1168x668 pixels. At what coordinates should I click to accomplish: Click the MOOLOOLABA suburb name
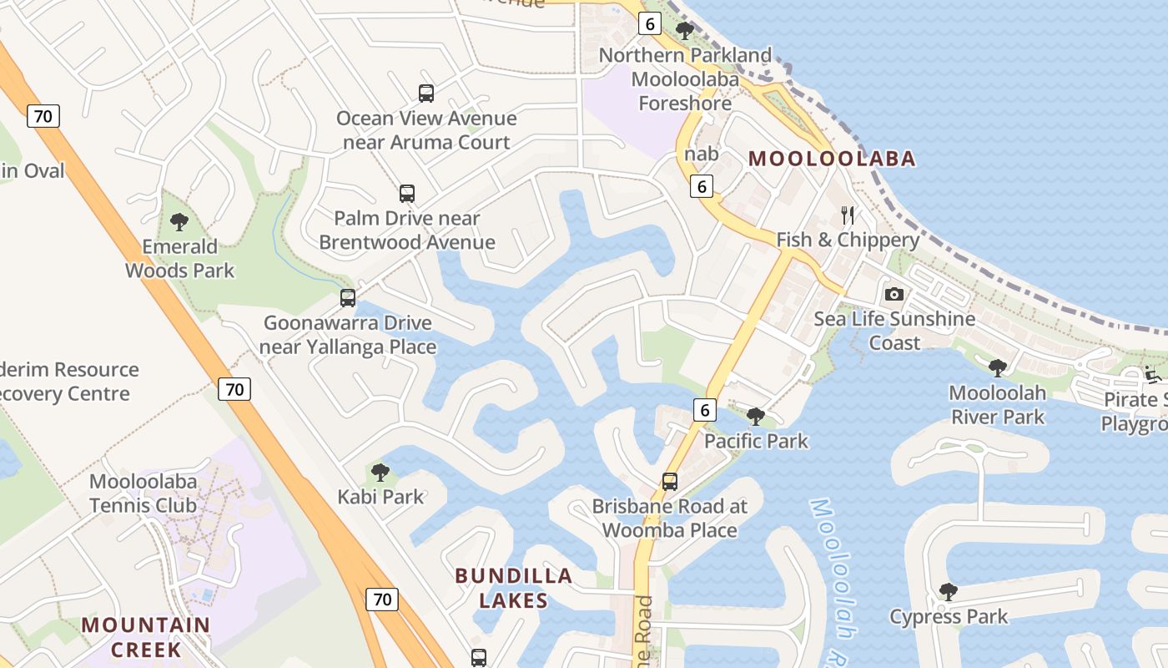coord(832,158)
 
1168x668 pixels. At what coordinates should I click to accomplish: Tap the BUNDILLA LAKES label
coord(513,588)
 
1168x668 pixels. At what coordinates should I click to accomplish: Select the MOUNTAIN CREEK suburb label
coord(146,637)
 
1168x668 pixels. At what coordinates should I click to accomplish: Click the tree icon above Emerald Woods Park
coord(179,222)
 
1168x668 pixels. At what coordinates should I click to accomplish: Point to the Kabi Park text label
coord(380,497)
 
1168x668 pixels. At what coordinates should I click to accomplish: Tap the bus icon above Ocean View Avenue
coord(426,94)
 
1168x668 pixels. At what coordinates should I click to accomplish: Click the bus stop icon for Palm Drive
coord(407,194)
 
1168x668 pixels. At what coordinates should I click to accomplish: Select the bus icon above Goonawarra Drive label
coord(348,297)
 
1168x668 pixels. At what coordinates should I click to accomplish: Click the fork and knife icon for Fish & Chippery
coord(848,215)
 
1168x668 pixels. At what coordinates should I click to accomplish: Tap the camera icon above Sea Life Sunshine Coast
coord(894,294)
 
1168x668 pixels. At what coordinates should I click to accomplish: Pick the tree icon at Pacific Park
coord(756,415)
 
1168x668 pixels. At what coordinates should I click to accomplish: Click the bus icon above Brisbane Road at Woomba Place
coord(670,481)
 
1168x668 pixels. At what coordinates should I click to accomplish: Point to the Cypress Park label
coord(949,617)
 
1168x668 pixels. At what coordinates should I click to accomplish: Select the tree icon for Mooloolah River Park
coord(997,367)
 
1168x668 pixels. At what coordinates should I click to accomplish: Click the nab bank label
coord(701,154)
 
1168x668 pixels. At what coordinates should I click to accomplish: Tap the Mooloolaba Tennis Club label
coord(143,493)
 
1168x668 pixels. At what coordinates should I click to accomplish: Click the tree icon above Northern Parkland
coord(685,31)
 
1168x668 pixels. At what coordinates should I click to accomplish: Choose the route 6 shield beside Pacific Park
coord(705,410)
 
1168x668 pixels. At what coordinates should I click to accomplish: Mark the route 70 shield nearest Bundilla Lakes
coord(382,599)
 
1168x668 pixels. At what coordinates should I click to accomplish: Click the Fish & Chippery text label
coord(848,240)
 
